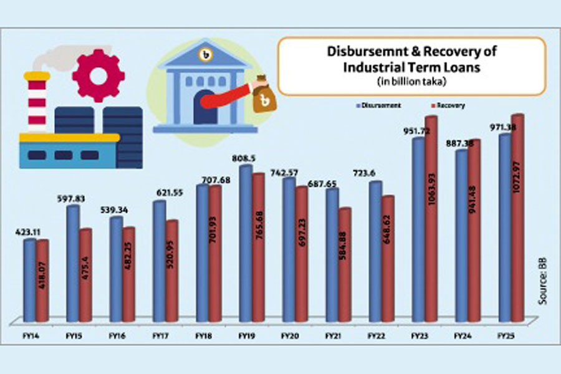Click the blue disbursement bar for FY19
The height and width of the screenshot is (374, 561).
[246, 243]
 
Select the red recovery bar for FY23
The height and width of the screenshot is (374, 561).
[429, 218]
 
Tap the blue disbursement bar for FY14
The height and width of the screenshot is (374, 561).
[29, 280]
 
